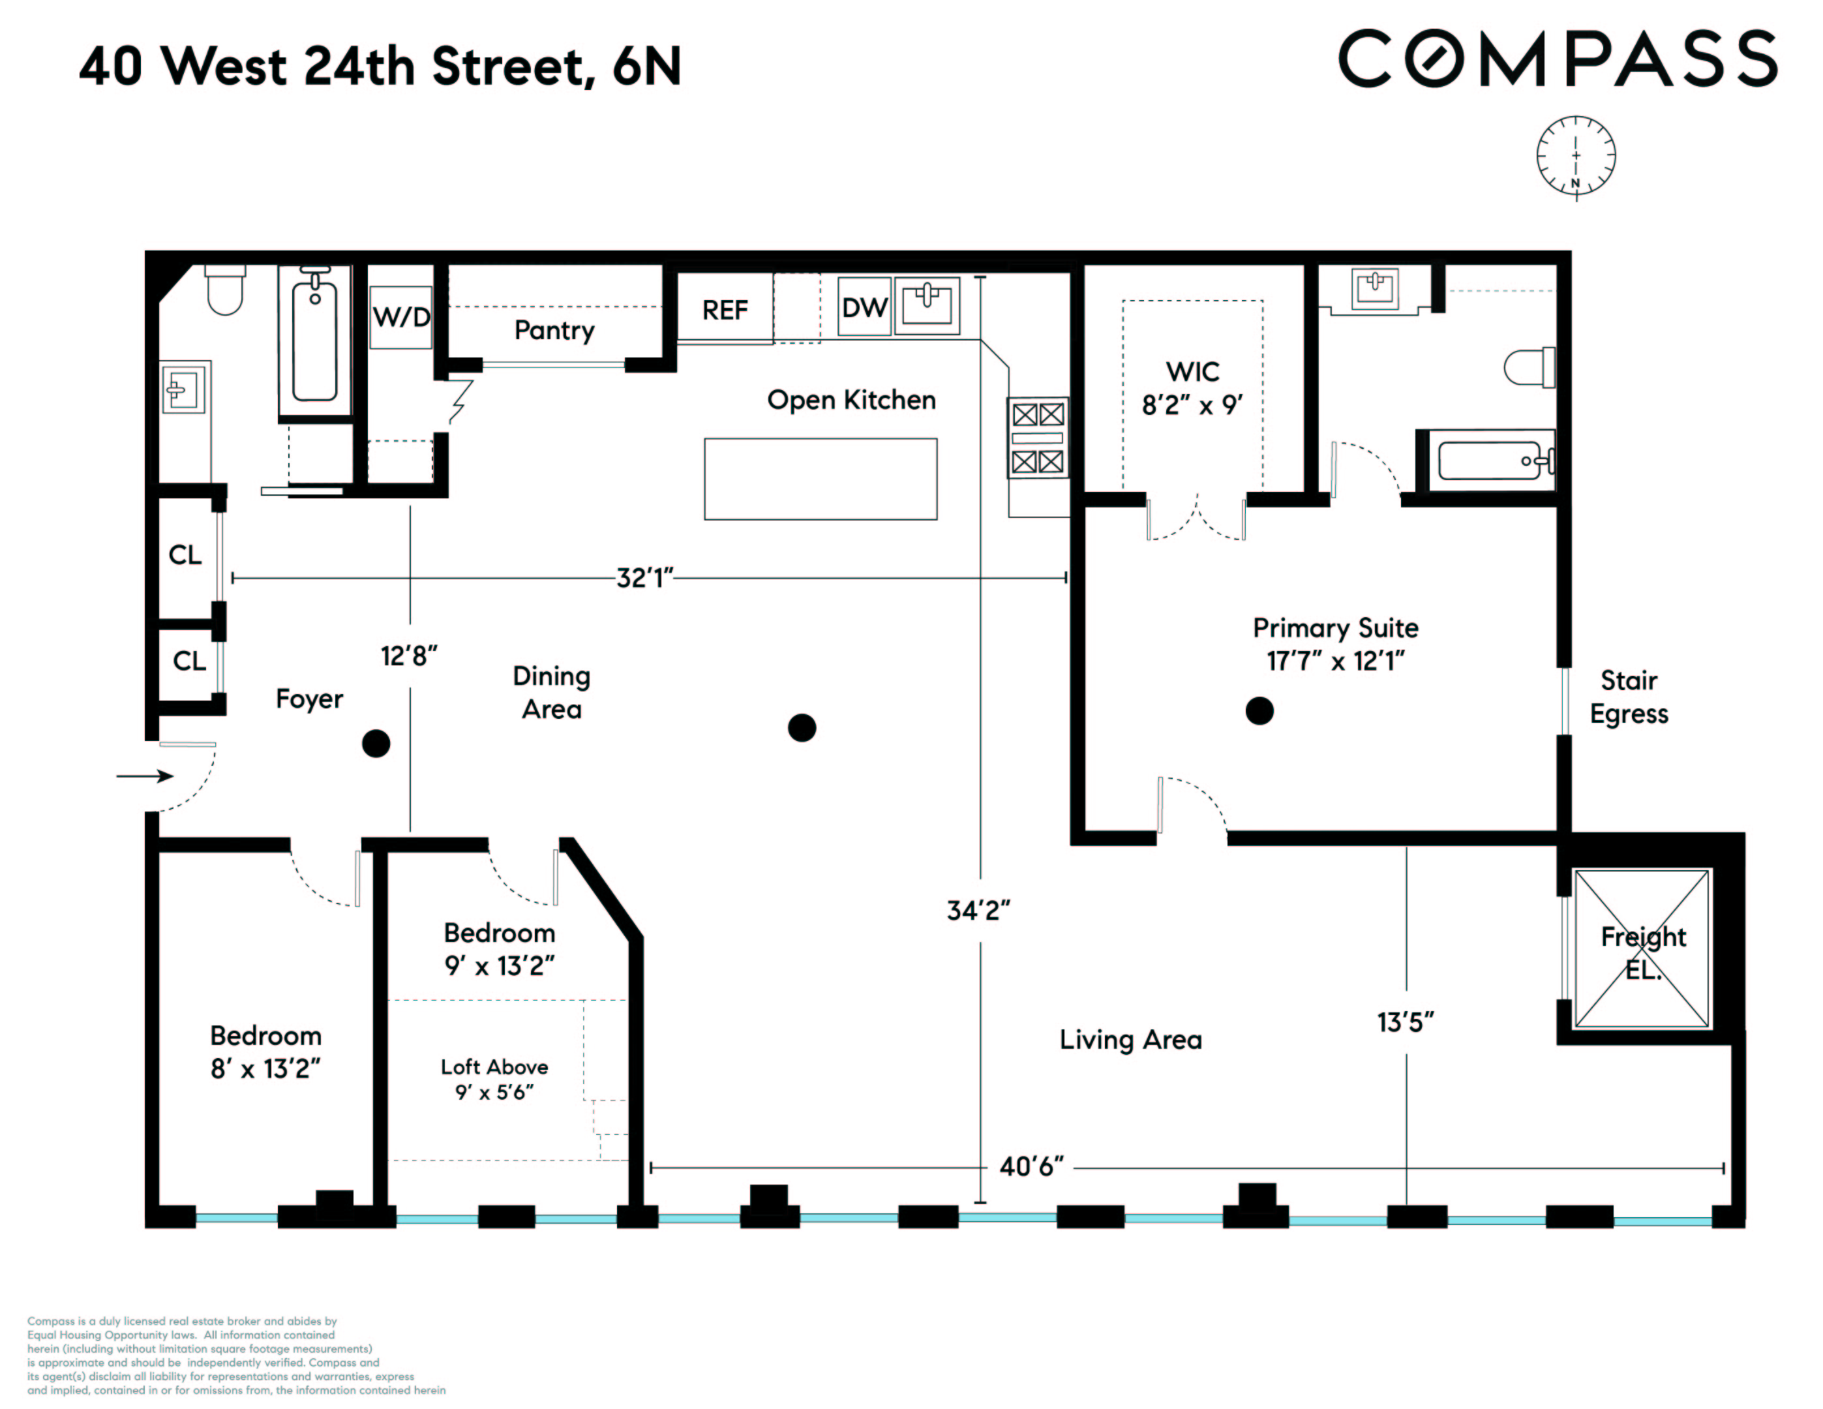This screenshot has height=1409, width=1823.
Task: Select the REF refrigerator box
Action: click(725, 310)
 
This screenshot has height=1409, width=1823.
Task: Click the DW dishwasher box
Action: click(864, 307)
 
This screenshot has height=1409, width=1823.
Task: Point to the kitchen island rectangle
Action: click(820, 479)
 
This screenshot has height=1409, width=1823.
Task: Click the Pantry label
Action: click(554, 331)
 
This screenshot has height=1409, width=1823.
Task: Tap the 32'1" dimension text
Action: click(644, 577)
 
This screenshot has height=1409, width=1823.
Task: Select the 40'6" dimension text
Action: click(1032, 1166)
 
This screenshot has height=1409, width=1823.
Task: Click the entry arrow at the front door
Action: click(143, 776)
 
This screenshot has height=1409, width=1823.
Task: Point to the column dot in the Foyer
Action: click(376, 743)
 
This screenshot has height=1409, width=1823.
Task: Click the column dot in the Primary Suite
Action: click(1259, 711)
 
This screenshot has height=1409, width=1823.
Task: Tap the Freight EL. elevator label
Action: click(1643, 952)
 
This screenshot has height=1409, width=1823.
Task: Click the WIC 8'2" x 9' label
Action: click(1192, 388)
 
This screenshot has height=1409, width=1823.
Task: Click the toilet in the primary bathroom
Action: click(1529, 367)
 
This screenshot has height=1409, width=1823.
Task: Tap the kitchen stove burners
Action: click(1038, 438)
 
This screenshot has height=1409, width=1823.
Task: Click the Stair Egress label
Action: click(1629, 697)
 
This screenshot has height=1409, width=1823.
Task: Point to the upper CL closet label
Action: click(185, 555)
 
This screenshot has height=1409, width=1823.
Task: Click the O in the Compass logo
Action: click(1433, 59)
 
